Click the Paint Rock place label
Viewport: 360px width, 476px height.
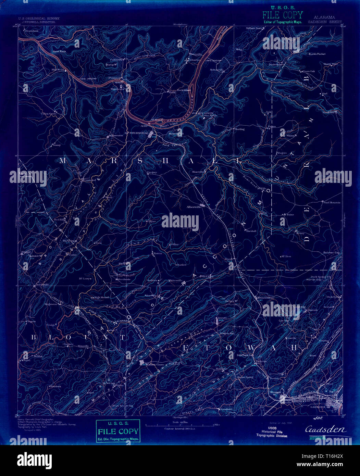(59, 51)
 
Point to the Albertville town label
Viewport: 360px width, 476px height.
(193, 207)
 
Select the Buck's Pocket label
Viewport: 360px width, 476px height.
(317, 54)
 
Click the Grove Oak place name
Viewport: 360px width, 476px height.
(308, 71)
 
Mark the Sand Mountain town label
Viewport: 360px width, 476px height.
(332, 202)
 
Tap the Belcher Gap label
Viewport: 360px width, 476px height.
(331, 253)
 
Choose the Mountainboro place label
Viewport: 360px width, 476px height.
(266, 298)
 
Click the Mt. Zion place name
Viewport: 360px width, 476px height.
(285, 256)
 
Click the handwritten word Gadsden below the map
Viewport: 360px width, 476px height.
(325, 430)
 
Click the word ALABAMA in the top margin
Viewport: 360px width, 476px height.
(324, 17)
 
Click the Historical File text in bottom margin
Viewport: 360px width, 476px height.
(272, 432)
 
